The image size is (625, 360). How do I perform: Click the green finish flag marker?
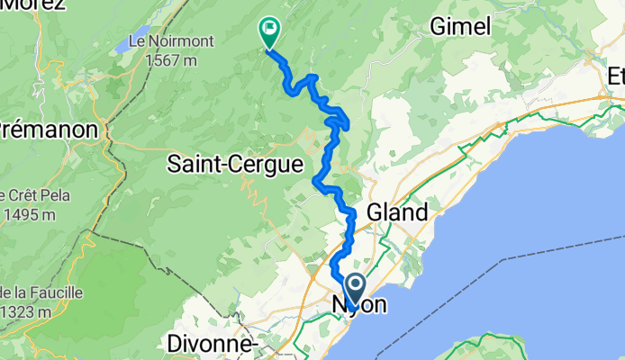pyautogui.click(x=269, y=31)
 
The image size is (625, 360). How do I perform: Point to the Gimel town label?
pyautogui.click(x=461, y=27)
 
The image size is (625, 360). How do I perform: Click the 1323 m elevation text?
pyautogui.click(x=29, y=310)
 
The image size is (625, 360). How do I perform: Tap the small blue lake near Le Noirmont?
pyautogui.click(x=122, y=43)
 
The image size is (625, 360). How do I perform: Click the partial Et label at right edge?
pyautogui.click(x=616, y=77)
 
